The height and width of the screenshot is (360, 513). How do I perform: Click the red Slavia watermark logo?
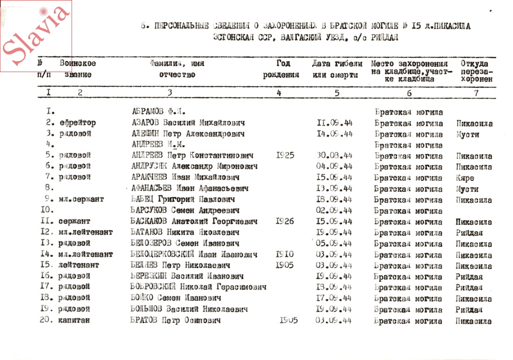(36, 36)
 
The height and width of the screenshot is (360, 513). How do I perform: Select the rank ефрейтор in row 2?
(77, 123)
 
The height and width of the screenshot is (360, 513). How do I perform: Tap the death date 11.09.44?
(335, 124)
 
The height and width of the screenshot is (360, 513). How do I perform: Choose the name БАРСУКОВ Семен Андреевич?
(185, 210)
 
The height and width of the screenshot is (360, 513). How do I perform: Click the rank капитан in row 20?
(74, 321)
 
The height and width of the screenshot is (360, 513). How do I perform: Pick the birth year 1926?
(285, 221)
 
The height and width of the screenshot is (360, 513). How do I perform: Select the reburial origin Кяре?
(464, 178)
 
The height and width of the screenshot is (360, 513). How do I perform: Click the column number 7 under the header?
(476, 93)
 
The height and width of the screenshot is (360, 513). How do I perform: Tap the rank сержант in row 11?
(74, 221)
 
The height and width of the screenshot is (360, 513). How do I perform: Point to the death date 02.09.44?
(335, 210)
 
